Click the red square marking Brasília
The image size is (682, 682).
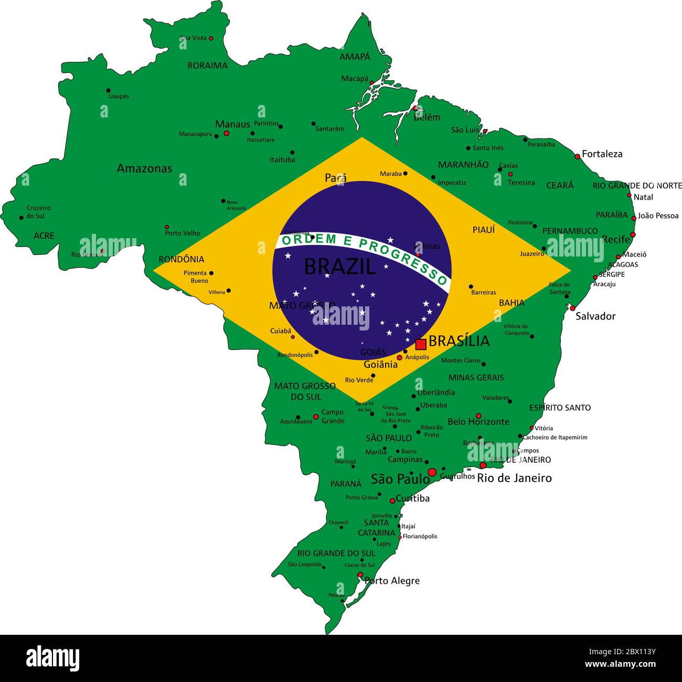(x=420, y=344)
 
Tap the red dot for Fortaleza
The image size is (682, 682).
(x=577, y=156)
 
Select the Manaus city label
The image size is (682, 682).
(x=232, y=124)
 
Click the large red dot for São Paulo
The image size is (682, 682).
(x=432, y=472)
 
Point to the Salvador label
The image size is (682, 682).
(x=595, y=316)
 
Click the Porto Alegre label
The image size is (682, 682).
(x=392, y=581)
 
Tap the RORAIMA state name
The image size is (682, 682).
(x=208, y=66)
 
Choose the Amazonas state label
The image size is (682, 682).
(x=144, y=168)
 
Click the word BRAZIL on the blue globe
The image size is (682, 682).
(x=340, y=267)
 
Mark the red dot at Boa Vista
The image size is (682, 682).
(x=211, y=38)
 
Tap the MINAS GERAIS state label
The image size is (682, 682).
(x=476, y=377)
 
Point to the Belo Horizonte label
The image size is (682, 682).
(x=478, y=422)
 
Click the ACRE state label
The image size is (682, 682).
(x=44, y=236)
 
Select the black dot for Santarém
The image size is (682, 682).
(x=313, y=124)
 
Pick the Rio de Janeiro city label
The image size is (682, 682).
(x=514, y=478)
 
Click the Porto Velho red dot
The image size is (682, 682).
(x=167, y=227)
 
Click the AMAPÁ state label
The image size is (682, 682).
(x=355, y=57)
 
